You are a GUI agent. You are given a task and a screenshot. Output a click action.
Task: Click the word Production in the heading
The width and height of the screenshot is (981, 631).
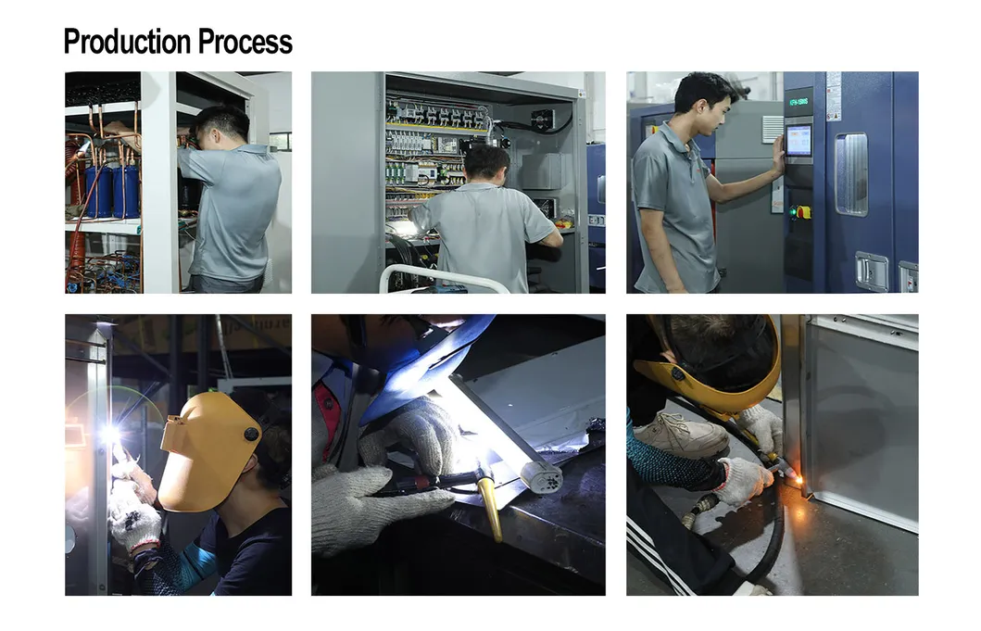tap(126, 42)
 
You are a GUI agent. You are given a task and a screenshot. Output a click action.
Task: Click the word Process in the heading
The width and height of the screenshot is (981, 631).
tap(244, 42)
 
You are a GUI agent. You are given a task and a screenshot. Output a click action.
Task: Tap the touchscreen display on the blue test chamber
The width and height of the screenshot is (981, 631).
tap(798, 140)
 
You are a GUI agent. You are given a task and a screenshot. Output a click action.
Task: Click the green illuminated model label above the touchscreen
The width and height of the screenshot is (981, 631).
tap(798, 100)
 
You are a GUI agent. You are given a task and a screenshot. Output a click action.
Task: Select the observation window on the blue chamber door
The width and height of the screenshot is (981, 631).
tap(850, 173)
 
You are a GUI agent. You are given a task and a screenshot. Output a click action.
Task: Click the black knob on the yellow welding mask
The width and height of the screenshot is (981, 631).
tap(251, 434)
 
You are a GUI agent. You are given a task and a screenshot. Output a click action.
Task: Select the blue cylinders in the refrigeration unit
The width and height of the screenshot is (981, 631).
tap(112, 191)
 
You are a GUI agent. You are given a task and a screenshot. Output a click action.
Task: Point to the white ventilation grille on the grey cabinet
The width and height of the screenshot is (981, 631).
tap(771, 129)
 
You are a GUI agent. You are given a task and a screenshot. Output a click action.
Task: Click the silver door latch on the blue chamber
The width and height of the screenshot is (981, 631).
tap(870, 270)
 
